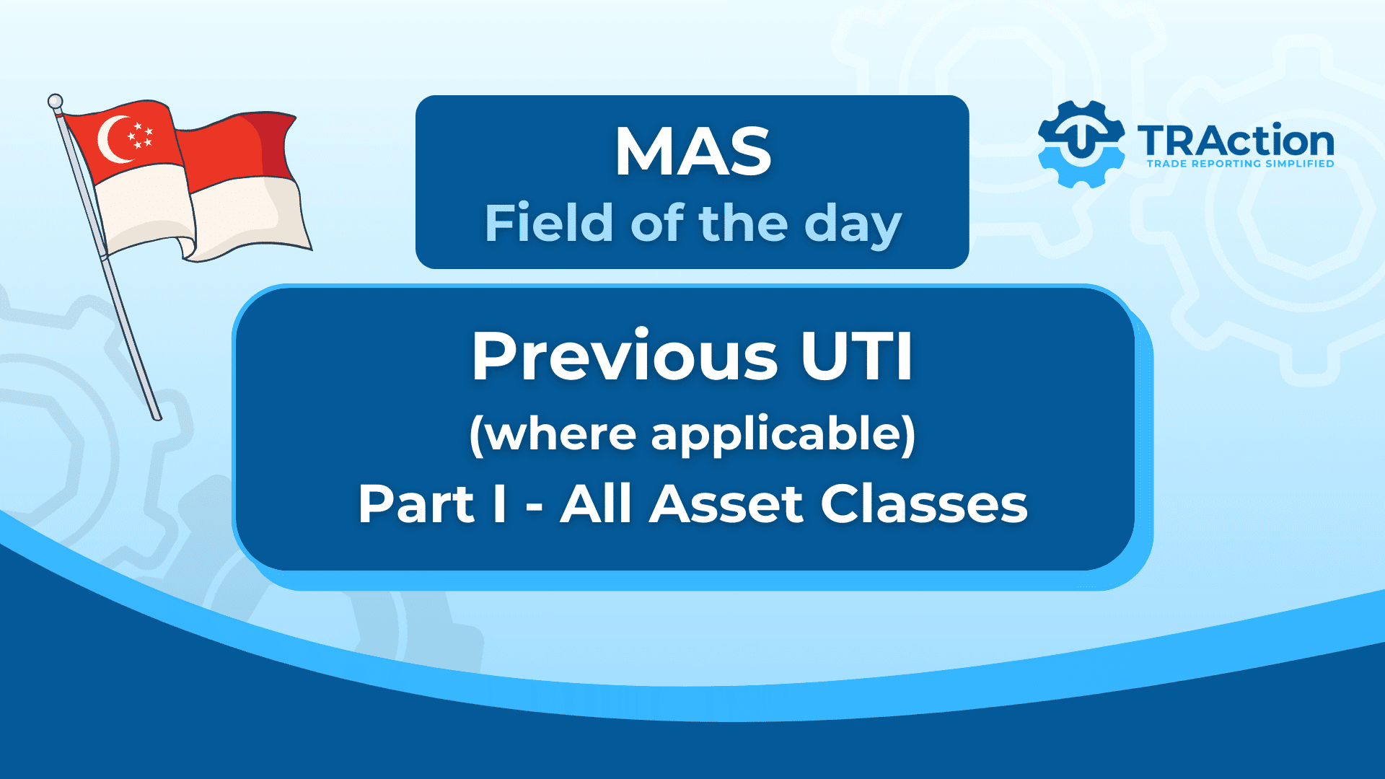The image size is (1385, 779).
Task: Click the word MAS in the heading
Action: (692, 151)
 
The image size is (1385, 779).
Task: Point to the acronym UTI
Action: (857, 356)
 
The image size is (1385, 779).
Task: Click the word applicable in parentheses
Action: (783, 435)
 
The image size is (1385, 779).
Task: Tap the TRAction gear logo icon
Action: (1081, 144)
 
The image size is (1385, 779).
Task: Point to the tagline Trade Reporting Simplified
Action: (1240, 164)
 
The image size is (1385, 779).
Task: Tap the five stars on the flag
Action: (139, 136)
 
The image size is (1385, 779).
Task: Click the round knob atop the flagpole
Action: (55, 101)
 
